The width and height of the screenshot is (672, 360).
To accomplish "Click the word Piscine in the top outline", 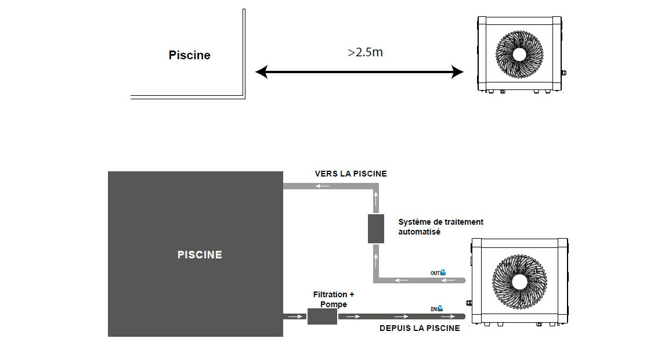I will [x=189, y=56].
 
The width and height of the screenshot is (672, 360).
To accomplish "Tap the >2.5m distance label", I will [x=365, y=52].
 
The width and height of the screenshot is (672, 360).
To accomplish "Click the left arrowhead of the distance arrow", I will [x=262, y=72].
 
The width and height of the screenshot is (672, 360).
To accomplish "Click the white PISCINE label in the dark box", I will [x=200, y=255].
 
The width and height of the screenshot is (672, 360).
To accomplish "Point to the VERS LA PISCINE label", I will [x=351, y=174].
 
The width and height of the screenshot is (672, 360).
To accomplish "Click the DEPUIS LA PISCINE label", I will [x=420, y=329].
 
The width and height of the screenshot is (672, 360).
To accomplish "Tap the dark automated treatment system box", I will [x=376, y=229].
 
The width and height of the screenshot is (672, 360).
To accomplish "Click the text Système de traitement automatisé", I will [x=440, y=227].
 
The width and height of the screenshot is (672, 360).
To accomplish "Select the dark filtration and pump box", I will [x=322, y=316].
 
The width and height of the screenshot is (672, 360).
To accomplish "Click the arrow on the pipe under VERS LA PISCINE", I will [x=323, y=186].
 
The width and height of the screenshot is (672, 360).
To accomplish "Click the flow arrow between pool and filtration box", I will [x=295, y=316].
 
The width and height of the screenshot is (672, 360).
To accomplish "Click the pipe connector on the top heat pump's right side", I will [x=563, y=74].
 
